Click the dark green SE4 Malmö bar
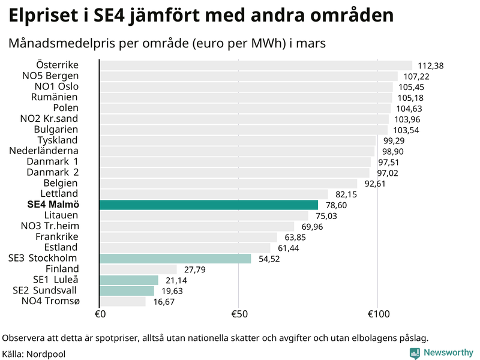click(208, 205)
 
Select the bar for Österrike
click(256, 65)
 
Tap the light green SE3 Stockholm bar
click(175, 259)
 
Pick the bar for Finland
click(138, 269)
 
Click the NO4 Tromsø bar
click(122, 301)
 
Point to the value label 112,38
click(430, 66)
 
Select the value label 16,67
click(164, 302)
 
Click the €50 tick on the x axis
click(238, 314)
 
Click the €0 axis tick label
click(100, 314)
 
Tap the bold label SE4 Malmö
click(53, 205)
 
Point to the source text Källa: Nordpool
click(34, 354)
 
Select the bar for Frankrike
click(188, 237)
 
